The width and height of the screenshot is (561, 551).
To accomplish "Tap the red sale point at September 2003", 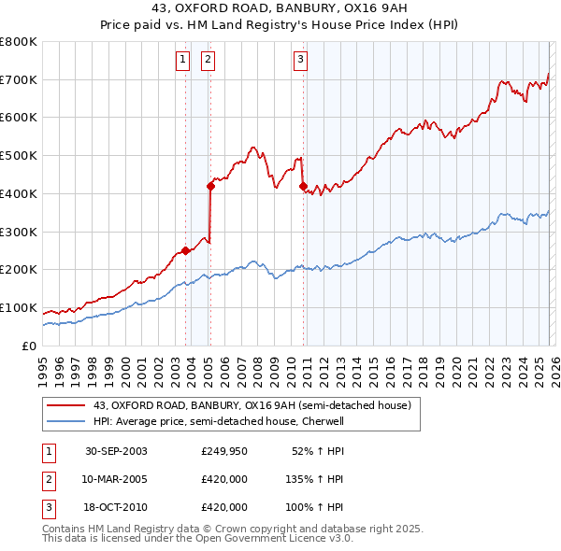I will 185,249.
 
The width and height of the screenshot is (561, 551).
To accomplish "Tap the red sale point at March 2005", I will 210,186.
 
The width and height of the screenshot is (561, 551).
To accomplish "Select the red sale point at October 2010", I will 303,186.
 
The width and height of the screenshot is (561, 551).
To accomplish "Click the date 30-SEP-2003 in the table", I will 116,451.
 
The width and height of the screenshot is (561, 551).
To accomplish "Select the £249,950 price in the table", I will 223,451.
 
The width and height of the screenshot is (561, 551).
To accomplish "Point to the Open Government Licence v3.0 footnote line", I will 197,539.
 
